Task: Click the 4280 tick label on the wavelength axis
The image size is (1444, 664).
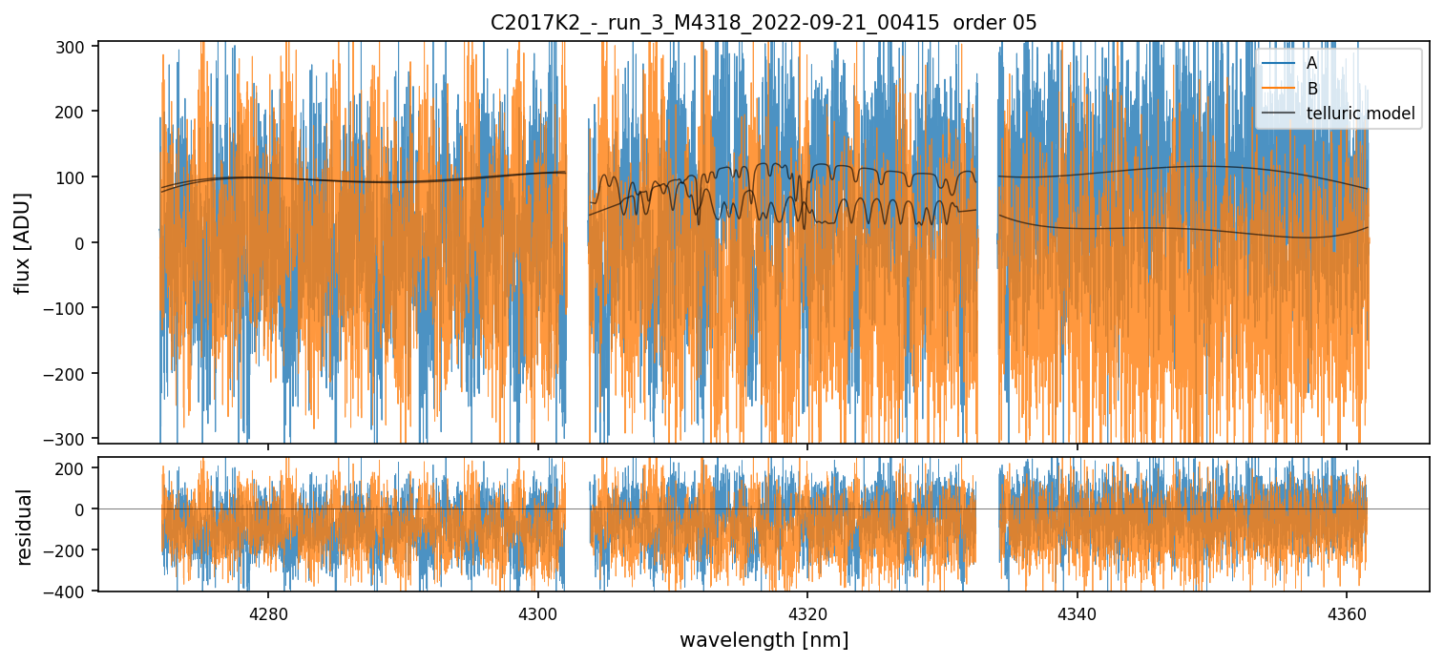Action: (268, 612)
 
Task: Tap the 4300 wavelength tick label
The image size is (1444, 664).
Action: (537, 612)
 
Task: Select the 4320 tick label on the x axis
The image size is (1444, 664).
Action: (807, 612)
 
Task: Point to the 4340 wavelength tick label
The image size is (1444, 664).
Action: (1077, 612)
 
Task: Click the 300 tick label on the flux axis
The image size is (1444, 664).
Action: (73, 46)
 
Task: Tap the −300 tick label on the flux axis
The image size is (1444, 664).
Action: (70, 439)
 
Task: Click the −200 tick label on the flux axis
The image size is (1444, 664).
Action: (70, 373)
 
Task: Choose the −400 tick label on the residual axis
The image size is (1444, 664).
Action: (70, 591)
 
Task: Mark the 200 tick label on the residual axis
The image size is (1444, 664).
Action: (73, 467)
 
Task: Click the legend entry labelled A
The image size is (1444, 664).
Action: (1312, 63)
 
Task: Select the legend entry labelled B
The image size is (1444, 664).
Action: (1312, 89)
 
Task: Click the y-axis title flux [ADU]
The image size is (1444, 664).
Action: (23, 242)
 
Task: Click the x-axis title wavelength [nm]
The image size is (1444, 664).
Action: (764, 639)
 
